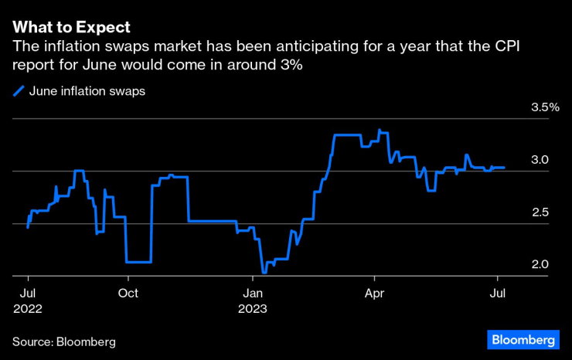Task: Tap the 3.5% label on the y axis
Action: (544, 107)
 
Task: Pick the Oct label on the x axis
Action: (128, 293)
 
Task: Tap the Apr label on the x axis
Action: (375, 293)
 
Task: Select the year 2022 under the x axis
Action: (27, 308)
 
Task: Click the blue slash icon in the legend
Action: (19, 91)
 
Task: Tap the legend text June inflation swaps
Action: (87, 91)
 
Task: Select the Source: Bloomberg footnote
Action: (69, 341)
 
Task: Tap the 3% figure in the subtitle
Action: (291, 66)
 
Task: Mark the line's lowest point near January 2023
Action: (264, 273)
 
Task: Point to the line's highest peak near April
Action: (380, 130)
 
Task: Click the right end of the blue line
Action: (505, 167)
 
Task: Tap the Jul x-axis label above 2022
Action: (27, 293)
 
